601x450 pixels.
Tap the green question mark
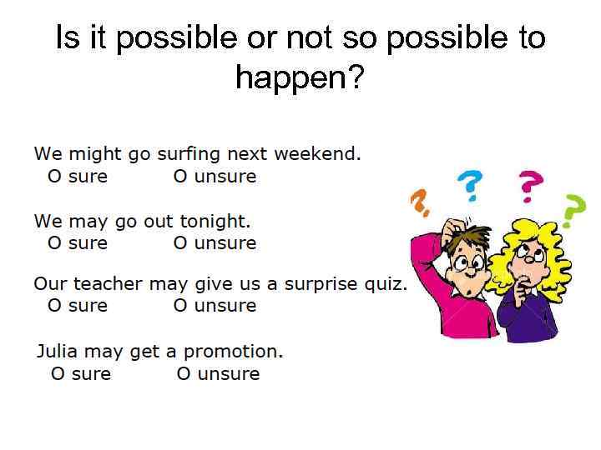573,211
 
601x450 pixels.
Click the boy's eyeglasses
466,266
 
